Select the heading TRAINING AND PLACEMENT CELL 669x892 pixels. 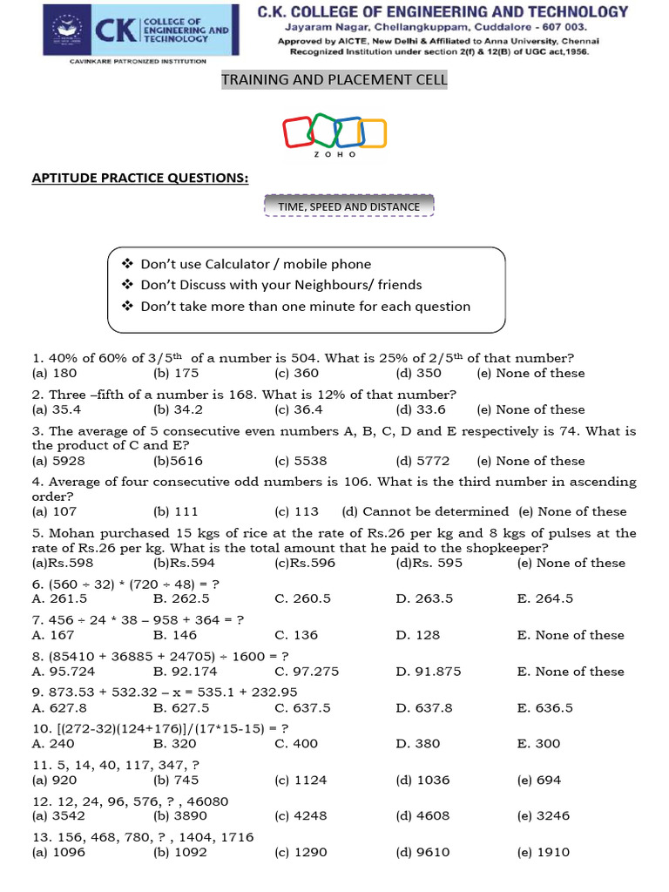coord(334,80)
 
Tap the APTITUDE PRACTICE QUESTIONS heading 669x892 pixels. coord(140,178)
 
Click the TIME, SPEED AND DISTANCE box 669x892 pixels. coord(348,207)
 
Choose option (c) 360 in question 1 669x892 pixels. coord(297,373)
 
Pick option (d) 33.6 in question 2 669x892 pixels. coord(421,409)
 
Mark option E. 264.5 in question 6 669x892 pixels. coord(545,598)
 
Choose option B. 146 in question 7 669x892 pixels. coord(175,635)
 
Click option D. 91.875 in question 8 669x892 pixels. coord(424,672)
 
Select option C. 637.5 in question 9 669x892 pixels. coord(302,708)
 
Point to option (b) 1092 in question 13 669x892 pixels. coord(180,853)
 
